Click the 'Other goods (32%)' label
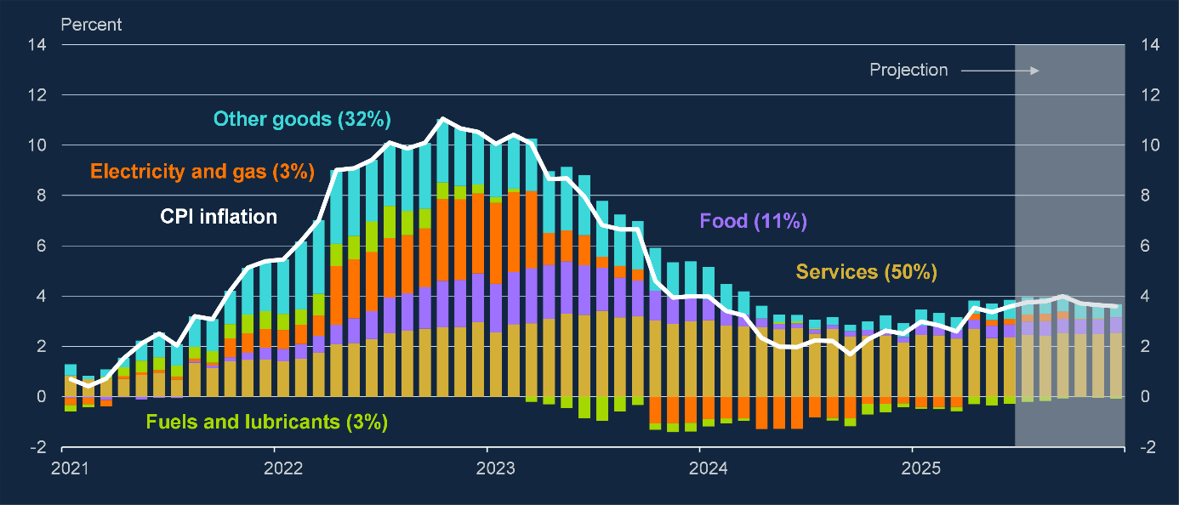[x=302, y=119]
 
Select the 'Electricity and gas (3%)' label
[x=202, y=172]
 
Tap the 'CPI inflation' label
[x=219, y=217]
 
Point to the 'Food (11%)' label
[x=753, y=222]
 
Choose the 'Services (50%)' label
[x=866, y=272]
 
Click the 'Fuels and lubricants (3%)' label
[x=266, y=422]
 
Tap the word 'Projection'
[x=908, y=70]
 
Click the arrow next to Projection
[x=1000, y=70]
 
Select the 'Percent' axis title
[x=91, y=25]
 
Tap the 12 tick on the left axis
[x=37, y=95]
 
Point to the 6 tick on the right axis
[x=1146, y=247]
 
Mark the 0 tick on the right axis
[x=1146, y=397]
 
